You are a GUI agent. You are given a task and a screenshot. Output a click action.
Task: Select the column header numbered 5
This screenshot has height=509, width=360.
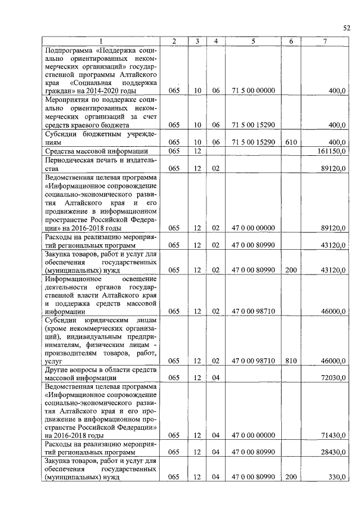click(x=253, y=41)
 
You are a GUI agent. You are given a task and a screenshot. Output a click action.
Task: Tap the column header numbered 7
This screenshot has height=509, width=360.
click(x=325, y=41)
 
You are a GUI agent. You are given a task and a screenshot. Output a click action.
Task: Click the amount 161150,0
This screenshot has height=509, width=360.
click(x=331, y=151)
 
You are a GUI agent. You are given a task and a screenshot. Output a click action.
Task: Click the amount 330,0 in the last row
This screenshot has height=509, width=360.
click(x=337, y=477)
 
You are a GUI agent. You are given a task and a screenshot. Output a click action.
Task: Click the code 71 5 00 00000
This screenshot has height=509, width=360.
click(x=253, y=90)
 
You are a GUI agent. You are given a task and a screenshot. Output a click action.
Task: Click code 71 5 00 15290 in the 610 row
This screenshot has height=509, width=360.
click(x=253, y=142)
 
